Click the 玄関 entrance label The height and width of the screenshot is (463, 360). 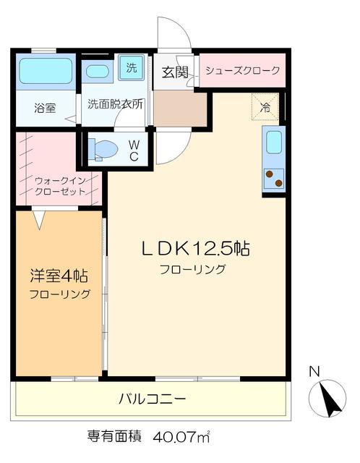[174, 72]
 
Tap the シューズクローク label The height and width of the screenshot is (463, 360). [242, 71]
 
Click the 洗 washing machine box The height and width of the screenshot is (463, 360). [131, 69]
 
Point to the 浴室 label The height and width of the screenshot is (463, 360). [45, 109]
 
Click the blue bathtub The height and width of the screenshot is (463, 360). [46, 71]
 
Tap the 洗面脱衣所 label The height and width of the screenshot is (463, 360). [116, 103]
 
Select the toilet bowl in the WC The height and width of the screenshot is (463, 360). [104, 150]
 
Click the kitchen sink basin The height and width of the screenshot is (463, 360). [273, 143]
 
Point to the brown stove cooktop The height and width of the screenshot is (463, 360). [273, 177]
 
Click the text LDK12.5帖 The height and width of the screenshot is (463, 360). [195, 249]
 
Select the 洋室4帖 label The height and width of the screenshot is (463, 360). [59, 276]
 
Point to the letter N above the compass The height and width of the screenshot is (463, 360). [314, 373]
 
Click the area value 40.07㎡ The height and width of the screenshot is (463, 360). [181, 437]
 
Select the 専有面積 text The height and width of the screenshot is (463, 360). [114, 437]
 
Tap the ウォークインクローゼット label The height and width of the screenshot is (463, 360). [60, 186]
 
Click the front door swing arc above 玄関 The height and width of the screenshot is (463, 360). [176, 33]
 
